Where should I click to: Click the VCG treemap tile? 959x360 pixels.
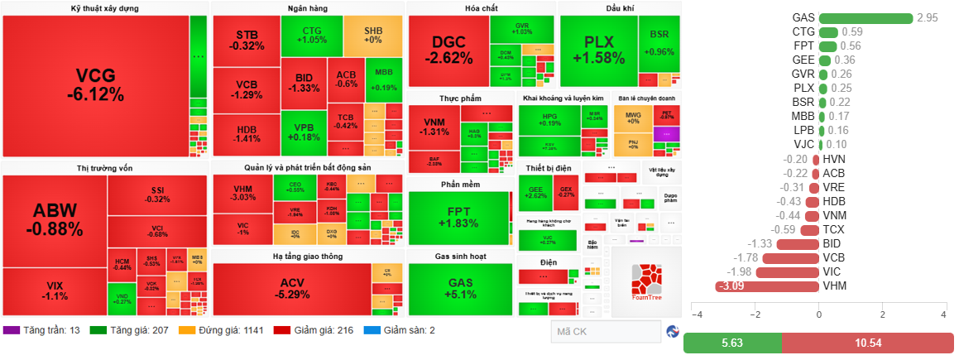tap(95, 85)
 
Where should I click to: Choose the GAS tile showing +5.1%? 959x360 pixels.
tap(460, 289)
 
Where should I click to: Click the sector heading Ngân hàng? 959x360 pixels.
tap(307, 8)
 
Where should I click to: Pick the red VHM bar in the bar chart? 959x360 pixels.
tap(767, 286)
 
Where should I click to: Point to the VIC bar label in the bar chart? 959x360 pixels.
tap(830, 271)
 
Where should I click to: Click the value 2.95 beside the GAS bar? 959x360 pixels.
tap(928, 17)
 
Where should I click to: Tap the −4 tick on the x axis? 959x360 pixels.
tap(696, 315)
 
